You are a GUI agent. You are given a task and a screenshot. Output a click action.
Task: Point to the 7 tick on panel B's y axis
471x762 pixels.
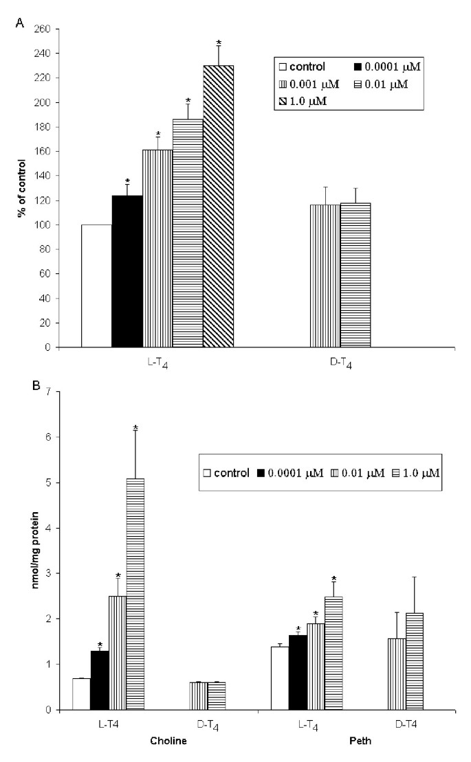(52, 392)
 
